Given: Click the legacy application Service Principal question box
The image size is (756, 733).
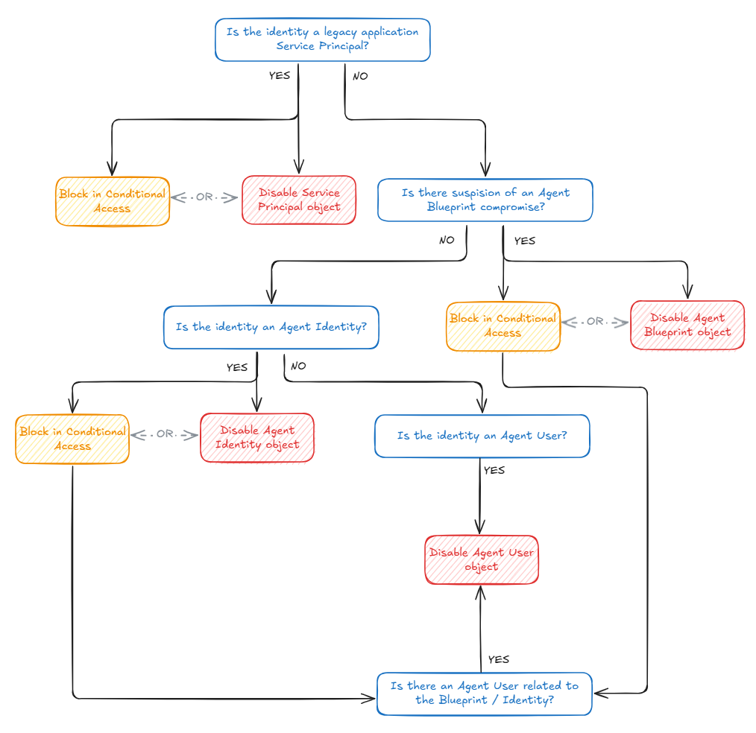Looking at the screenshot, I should pos(322,39).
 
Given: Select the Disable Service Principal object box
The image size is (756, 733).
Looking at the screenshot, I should pos(298,200).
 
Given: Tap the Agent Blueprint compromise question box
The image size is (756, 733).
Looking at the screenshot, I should pos(485,200).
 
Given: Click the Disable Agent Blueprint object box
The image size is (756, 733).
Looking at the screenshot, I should pos(687,325).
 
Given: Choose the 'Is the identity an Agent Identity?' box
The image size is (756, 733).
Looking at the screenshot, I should pos(271,327).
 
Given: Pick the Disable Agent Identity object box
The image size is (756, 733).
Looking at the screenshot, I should pos(256,437).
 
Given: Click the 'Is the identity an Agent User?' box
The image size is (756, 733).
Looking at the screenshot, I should pos(482,436).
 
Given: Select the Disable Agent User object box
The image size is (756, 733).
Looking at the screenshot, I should pos(481,559).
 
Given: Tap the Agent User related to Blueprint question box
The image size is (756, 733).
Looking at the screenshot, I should pos(484,693).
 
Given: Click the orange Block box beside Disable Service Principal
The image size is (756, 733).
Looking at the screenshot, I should pos(112,201).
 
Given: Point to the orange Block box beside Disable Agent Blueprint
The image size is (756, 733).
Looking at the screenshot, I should pos(503,326).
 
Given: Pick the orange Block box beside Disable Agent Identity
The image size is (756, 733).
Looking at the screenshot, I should pos(72,439).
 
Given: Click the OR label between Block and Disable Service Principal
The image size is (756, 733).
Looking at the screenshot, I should pos(204,197).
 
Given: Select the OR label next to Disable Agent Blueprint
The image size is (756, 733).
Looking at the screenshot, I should pos(595,322).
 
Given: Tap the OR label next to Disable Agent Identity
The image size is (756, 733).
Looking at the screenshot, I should pos(164,434).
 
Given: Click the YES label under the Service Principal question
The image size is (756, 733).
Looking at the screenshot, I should pos(280,75).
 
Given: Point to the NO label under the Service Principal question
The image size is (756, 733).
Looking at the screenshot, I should pos(359,76).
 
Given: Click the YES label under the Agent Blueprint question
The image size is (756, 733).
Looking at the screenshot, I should pos(524,241).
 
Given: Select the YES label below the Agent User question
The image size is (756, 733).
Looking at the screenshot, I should pos(494,470).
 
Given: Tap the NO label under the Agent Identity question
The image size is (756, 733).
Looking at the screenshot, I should pos(297,366).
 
